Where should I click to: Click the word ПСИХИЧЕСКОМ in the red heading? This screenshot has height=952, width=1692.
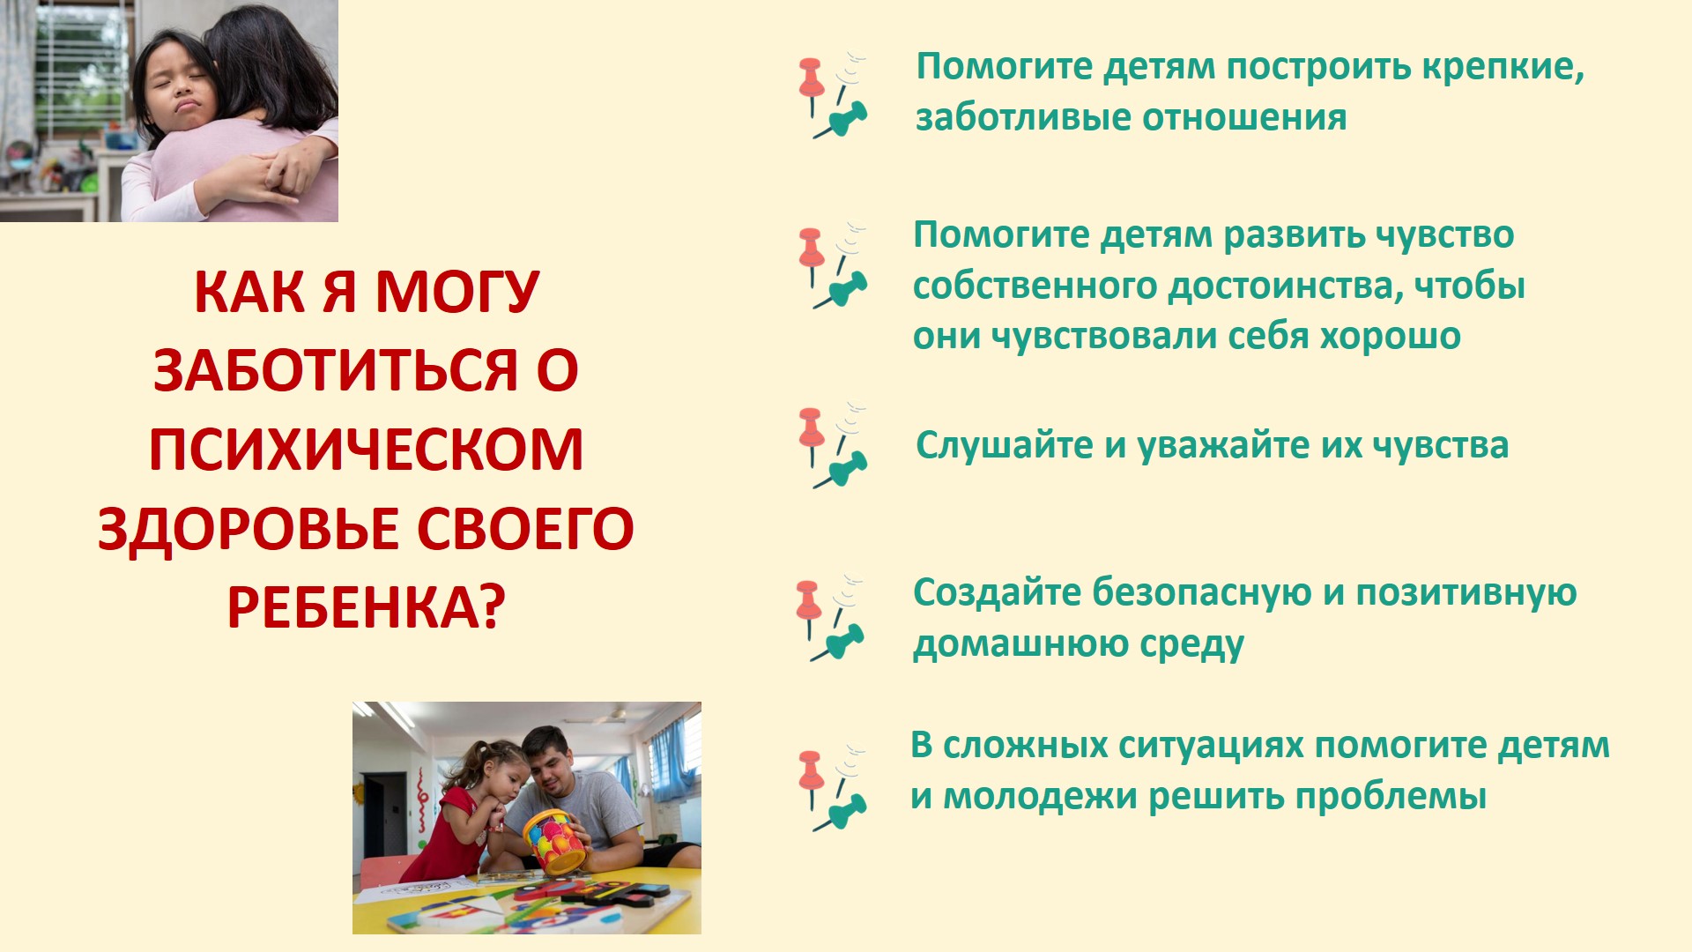pyautogui.click(x=366, y=450)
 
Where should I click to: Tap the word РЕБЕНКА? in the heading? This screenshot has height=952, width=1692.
pyautogui.click(x=367, y=607)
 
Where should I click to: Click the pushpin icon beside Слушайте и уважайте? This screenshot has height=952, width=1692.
pyautogui.click(x=833, y=446)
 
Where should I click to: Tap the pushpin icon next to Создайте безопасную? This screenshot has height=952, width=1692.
pyautogui.click(x=830, y=619)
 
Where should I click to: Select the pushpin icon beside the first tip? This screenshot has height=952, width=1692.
pyautogui.click(x=834, y=95)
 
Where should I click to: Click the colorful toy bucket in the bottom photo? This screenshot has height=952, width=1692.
pyautogui.click(x=556, y=841)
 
